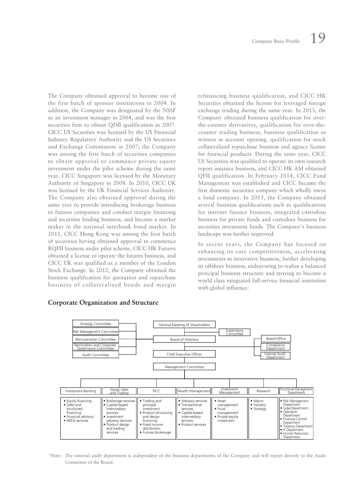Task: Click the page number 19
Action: pos(318,38)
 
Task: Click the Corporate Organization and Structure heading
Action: pos(103,302)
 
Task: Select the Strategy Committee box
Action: pos(96,324)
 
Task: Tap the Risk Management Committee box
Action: pos(96,332)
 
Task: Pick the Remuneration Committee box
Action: pos(96,339)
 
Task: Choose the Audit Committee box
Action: pos(96,355)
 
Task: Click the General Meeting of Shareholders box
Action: pos(184,325)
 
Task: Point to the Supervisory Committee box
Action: pos(234,332)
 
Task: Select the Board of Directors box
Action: pos(184,339)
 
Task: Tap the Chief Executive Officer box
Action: pos(184,354)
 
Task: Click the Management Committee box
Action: pos(184,367)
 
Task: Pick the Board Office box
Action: pos(276,339)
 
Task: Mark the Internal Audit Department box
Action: pos(275,355)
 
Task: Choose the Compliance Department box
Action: pos(275,347)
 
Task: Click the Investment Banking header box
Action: pos(81,391)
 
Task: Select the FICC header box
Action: pos(156,391)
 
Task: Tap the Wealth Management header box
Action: pos(194,391)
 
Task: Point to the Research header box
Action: pos(263,391)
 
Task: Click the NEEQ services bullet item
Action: pos(77,421)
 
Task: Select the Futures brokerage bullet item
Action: pos(156,432)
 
